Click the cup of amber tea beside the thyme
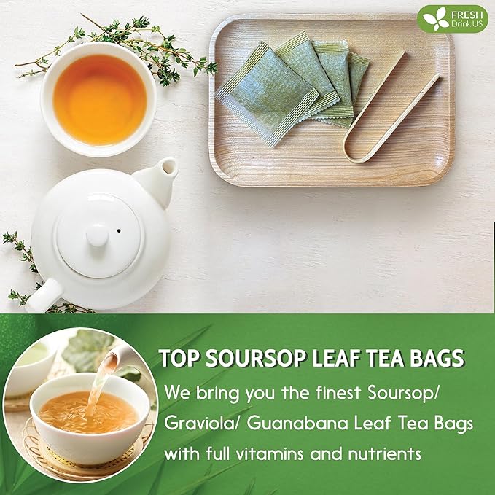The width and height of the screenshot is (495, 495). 98,101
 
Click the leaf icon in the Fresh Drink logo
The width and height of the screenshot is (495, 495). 436,17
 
